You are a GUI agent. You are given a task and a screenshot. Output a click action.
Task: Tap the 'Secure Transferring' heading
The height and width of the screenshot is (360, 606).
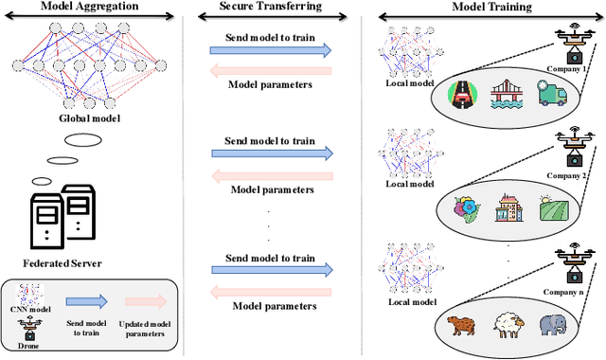(x=272, y=7)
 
